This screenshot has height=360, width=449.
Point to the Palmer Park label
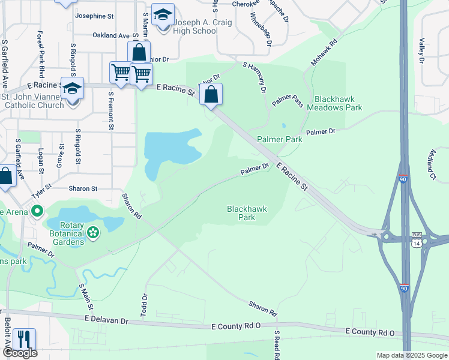279,139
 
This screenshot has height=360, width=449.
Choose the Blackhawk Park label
247,213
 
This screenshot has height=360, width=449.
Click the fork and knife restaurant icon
25,338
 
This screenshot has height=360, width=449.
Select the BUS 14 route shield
416,239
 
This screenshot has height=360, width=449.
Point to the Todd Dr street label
144,305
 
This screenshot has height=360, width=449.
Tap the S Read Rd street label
277,345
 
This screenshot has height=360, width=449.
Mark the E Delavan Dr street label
107,320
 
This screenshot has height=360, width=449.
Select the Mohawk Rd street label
324,53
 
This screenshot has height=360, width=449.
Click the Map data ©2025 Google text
411,355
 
